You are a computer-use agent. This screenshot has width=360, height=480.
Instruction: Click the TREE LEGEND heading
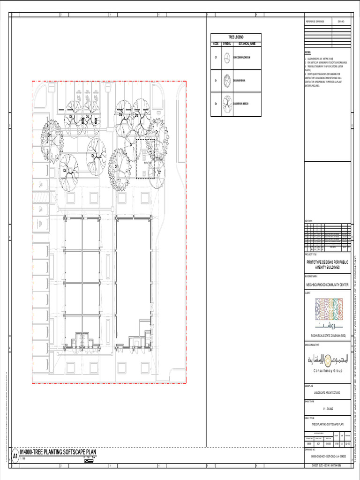236,37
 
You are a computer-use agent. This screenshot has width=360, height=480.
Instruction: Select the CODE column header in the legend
216,44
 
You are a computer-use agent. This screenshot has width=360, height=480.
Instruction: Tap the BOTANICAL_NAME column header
247,44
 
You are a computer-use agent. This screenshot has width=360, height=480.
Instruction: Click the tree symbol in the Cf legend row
227,58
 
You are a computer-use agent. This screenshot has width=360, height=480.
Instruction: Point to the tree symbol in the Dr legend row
227,80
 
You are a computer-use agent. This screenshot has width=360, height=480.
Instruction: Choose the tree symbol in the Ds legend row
227,104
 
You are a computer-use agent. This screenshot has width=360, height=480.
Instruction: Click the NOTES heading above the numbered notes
307,52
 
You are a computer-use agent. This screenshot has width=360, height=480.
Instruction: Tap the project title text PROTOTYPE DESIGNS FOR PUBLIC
327,262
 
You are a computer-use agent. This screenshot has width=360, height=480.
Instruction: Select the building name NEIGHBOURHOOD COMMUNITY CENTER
327,285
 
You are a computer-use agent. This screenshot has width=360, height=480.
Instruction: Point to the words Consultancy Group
328,371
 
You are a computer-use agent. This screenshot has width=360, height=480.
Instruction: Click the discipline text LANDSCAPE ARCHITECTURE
327,393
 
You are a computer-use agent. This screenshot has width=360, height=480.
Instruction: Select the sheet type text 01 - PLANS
327,408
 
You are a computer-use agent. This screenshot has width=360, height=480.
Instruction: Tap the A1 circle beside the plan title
15,456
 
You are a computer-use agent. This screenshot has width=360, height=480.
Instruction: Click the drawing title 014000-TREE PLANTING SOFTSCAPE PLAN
58,452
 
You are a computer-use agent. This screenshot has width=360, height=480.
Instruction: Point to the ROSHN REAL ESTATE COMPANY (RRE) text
327,336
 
